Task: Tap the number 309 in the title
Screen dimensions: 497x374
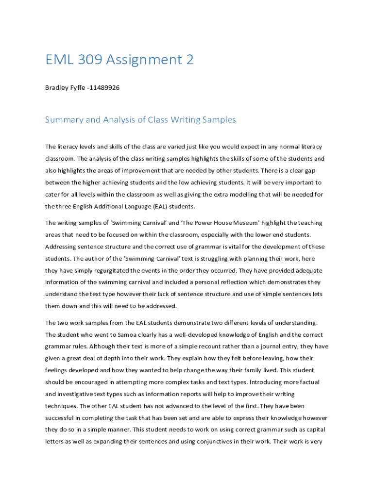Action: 92,60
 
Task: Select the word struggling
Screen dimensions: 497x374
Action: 205,258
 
